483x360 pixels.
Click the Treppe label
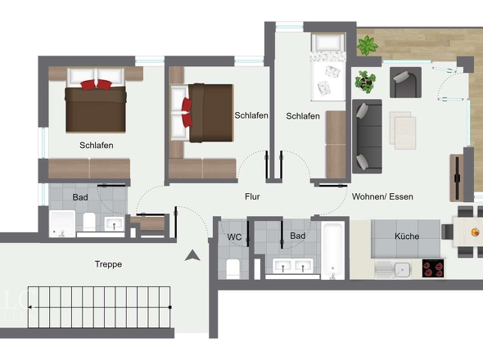108,264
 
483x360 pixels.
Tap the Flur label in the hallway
252,196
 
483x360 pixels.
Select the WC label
234,237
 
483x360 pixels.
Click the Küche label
407,236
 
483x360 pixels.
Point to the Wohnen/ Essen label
382,196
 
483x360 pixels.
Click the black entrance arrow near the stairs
192,255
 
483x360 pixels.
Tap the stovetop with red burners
433,268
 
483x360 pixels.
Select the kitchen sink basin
402,270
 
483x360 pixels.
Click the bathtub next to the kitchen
332,250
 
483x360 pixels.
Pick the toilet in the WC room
233,269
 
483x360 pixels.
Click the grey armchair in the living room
405,83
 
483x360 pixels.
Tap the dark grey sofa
368,136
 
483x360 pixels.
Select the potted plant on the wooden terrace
367,45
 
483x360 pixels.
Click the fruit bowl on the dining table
476,232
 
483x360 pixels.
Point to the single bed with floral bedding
328,67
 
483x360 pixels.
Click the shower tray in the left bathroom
62,223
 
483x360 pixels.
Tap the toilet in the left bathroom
89,222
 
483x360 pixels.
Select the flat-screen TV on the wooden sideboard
458,178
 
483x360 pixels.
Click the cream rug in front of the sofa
403,130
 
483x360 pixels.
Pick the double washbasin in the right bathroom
293,266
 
